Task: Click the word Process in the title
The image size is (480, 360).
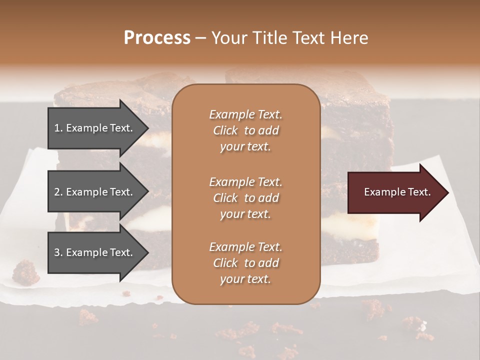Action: (157, 38)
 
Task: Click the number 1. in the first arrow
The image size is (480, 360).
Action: (58, 128)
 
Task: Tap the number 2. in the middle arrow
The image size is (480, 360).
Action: (58, 192)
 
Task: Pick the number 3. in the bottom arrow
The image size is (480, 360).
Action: (58, 252)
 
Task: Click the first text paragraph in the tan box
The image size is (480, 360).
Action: (245, 130)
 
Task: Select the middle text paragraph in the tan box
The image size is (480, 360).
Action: (245, 197)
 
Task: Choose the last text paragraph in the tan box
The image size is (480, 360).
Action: (245, 263)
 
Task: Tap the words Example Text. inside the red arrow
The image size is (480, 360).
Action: (397, 192)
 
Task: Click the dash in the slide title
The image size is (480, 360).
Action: (201, 38)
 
